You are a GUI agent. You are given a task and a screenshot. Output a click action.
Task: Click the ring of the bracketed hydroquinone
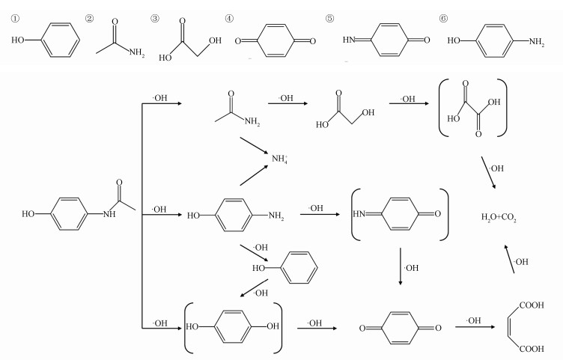pyautogui.click(x=232, y=327)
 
